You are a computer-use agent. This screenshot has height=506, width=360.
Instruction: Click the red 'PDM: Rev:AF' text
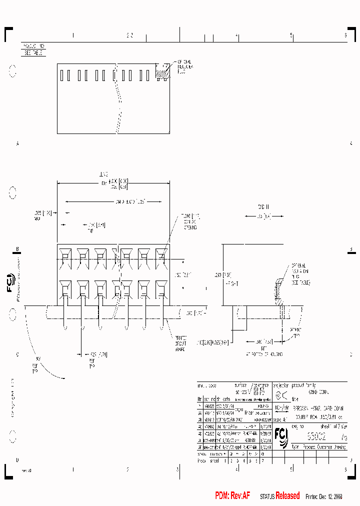pos(232,495)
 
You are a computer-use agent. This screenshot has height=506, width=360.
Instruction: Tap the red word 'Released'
pos(287,495)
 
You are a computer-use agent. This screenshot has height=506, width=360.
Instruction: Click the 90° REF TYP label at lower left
pos(36,365)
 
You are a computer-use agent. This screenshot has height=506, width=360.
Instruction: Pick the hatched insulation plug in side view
pos(277,292)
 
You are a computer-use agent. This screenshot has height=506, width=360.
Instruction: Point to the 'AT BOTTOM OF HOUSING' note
pos(264,354)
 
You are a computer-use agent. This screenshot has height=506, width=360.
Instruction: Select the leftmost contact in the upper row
pos(64,257)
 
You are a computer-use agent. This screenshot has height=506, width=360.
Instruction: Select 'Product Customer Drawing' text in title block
pos(323,447)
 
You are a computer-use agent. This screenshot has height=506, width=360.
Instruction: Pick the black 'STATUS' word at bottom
pos(267,496)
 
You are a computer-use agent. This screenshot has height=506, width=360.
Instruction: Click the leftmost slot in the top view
pos(62,75)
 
